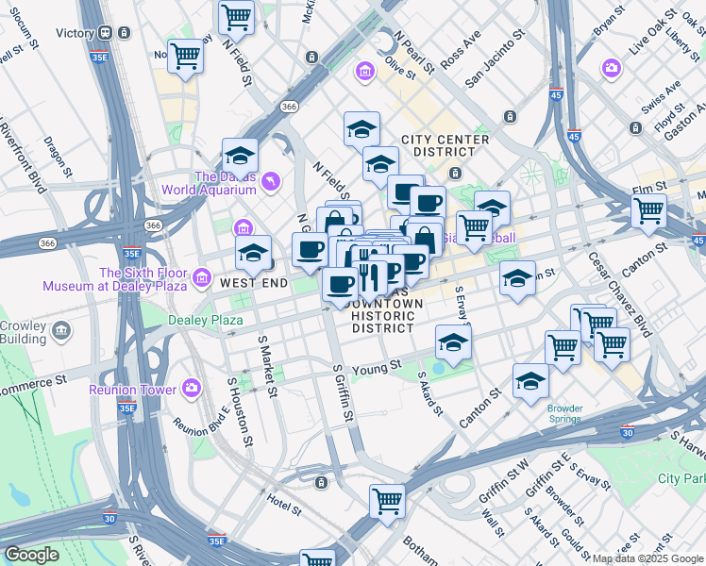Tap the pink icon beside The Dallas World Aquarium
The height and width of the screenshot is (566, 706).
click(x=272, y=181)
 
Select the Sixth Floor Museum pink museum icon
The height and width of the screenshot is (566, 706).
click(x=202, y=278)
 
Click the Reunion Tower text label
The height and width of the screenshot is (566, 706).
click(x=133, y=389)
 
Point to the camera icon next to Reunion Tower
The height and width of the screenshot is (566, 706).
click(x=193, y=388)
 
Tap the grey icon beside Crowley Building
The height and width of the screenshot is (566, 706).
click(x=61, y=331)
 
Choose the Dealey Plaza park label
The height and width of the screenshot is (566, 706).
click(x=206, y=320)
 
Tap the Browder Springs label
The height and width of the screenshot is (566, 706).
click(x=564, y=414)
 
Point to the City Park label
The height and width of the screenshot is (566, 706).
click(x=681, y=478)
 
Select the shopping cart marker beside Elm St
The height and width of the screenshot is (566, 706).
click(x=648, y=212)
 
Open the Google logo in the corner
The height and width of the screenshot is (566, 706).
click(x=32, y=555)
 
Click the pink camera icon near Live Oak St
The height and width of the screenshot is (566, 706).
click(x=612, y=68)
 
